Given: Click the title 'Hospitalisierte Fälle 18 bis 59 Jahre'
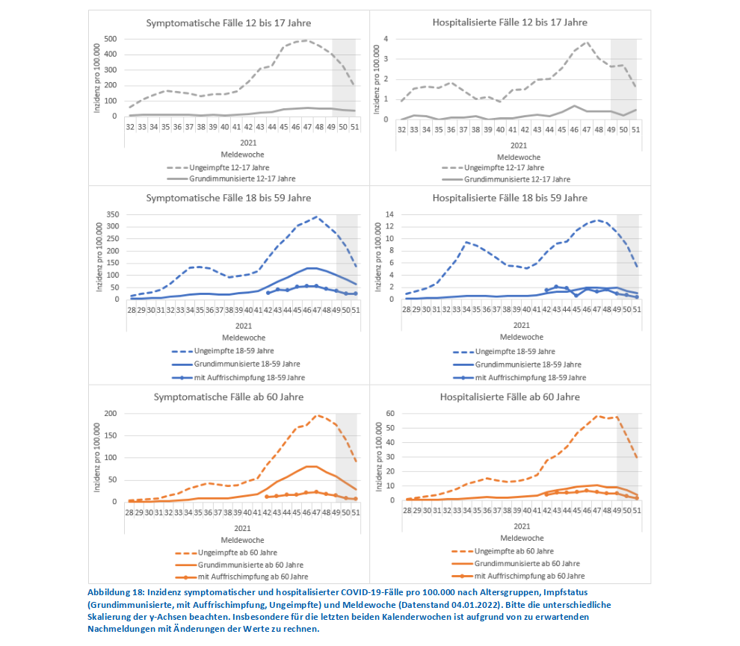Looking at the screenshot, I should [x=510, y=198].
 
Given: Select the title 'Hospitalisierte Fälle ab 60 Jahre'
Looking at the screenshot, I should [x=510, y=397].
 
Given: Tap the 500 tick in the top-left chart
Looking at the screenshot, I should [x=110, y=39].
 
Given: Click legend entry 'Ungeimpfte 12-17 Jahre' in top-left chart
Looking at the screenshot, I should [x=224, y=167].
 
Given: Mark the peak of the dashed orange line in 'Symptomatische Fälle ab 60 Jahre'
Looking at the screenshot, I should [x=317, y=415].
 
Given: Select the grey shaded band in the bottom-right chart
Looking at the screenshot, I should [x=627, y=456].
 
